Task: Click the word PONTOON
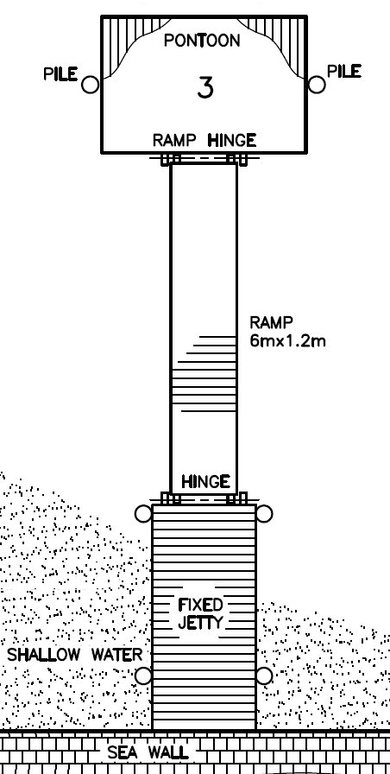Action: (x=202, y=41)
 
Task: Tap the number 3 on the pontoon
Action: (x=205, y=88)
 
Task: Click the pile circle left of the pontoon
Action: (x=91, y=85)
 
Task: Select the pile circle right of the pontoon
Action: (x=317, y=85)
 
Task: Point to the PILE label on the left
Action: (x=60, y=74)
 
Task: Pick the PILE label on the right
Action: (x=344, y=71)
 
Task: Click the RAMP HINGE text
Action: (x=204, y=141)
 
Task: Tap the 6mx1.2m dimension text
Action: (x=287, y=340)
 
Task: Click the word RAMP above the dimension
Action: (x=271, y=323)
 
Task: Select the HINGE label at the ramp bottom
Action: (x=205, y=481)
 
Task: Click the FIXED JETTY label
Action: (x=200, y=614)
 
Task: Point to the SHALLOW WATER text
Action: (x=74, y=655)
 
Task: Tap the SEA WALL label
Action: (x=148, y=752)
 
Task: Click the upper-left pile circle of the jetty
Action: (x=143, y=514)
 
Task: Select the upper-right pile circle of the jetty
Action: (x=264, y=514)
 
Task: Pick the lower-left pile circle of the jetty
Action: (x=143, y=676)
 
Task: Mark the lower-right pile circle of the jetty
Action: (x=264, y=676)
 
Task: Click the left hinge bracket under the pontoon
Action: (x=171, y=159)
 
